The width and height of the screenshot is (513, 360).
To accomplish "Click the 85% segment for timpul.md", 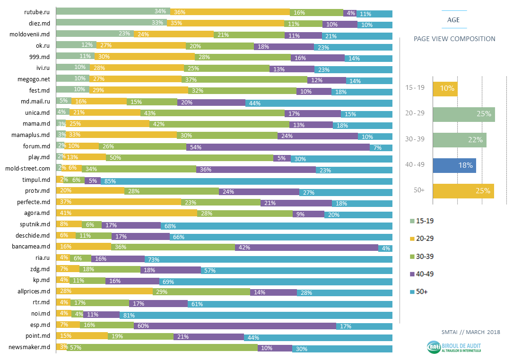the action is pos(246,181).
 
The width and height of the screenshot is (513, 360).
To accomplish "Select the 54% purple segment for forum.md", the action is pos(278,147).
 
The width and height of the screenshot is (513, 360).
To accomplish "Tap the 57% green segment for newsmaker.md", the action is pos(162,348).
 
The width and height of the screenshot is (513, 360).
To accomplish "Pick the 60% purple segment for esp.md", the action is pos(235,326).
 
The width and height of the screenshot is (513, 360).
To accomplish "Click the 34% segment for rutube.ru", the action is pos(113,11).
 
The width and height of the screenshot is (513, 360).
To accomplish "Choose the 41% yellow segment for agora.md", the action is pos(127,213).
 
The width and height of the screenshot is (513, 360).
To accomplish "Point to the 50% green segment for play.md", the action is pos(190,158).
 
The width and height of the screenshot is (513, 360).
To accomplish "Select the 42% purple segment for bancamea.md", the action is pos(306,248).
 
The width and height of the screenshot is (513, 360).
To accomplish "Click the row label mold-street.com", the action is pos(28,168).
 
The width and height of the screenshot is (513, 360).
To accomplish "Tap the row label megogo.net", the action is pos(34,79).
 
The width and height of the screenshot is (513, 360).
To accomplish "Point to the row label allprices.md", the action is pos(34,291).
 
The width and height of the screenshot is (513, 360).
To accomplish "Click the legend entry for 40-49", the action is pos(422,274).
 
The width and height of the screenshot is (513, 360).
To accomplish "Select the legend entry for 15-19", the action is pos(422,221).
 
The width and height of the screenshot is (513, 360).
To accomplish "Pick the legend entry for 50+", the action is pos(419,291).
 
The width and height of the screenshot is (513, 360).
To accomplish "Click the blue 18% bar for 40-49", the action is pos(454,165).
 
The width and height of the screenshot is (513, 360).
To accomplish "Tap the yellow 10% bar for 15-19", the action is pos(445,89).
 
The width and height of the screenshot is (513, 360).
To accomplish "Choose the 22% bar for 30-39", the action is pos(460,140).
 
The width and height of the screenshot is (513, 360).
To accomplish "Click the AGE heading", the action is pos(453,20).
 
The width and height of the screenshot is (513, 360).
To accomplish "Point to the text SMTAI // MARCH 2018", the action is pos(471,332).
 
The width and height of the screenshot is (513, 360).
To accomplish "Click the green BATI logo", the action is pos(434,347).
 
